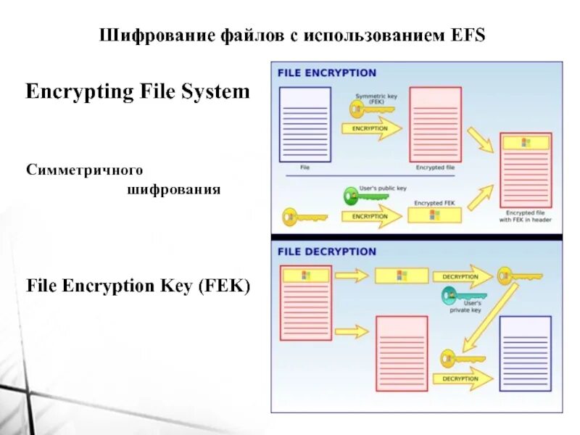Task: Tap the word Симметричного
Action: point(84,169)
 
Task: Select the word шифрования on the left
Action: point(174,190)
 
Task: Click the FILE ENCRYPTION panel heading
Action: point(328,72)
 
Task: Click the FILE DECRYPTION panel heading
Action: point(328,252)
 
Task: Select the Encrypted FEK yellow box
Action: point(433,215)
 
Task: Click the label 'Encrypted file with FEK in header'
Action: point(526,217)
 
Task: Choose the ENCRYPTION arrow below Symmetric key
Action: point(370,129)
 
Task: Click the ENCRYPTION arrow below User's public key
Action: point(372,216)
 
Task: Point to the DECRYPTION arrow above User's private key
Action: point(461,276)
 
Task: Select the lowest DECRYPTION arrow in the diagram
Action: point(461,378)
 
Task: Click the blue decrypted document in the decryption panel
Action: point(526,353)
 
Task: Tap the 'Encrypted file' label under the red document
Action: point(435,167)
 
